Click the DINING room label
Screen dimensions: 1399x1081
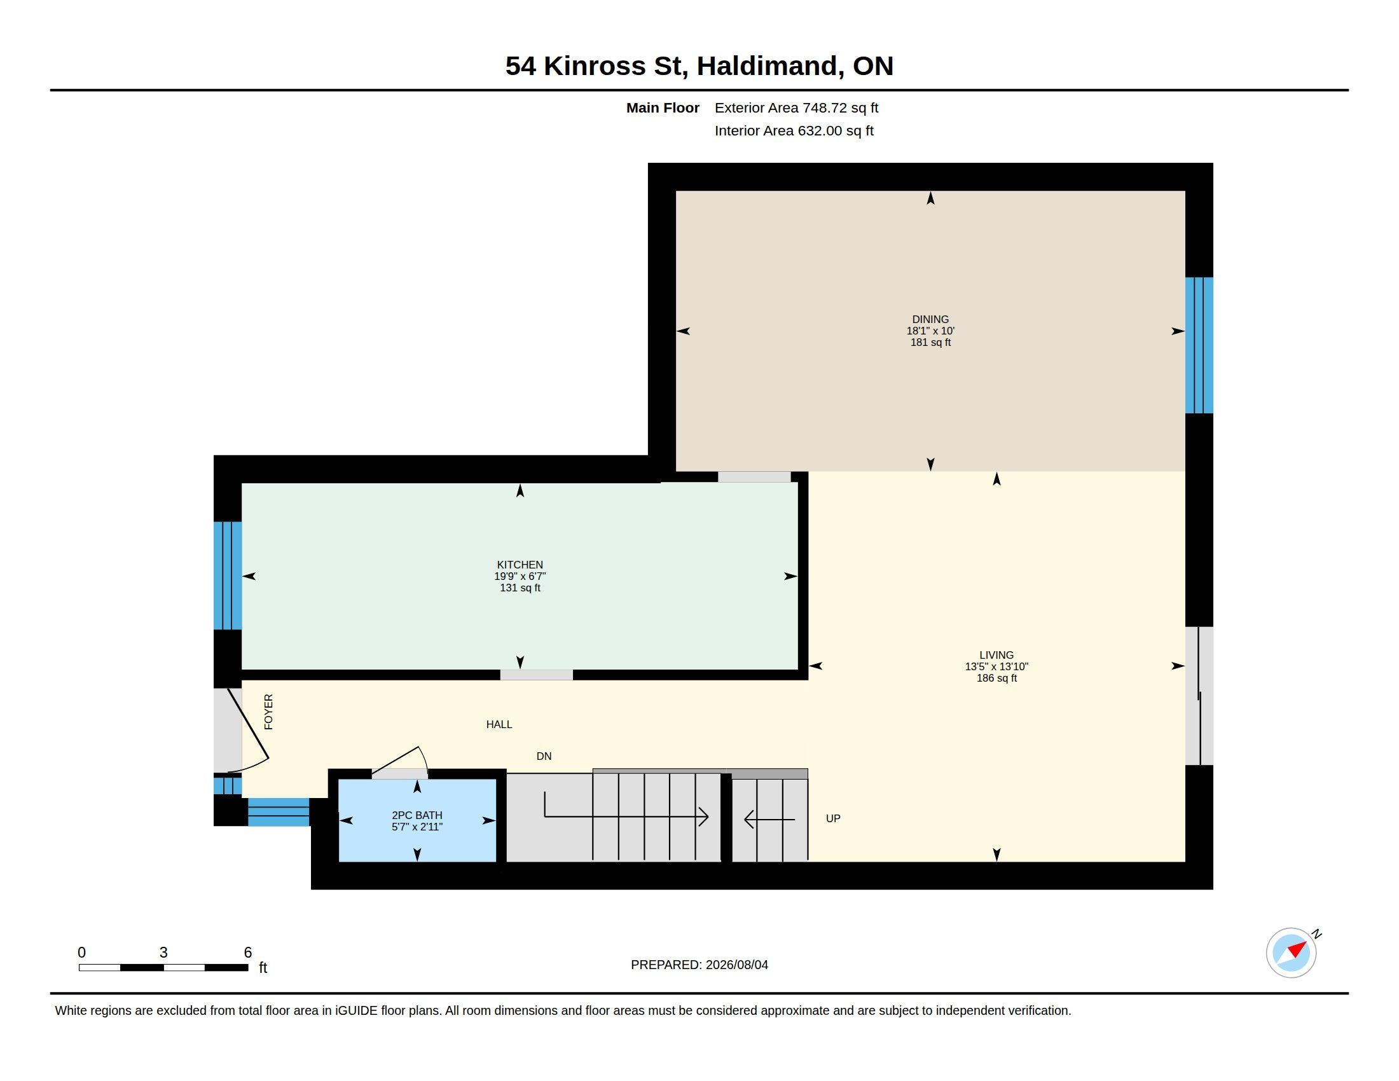point(930,319)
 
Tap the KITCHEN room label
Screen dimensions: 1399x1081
point(520,565)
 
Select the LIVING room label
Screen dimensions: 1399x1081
point(996,655)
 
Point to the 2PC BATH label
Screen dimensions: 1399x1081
point(417,815)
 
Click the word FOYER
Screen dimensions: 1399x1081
point(268,712)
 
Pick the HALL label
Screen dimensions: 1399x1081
point(499,724)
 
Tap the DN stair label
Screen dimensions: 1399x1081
point(544,756)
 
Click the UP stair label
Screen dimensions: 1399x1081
point(833,818)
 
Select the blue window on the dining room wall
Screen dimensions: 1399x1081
point(1199,345)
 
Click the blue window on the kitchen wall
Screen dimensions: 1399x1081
point(228,575)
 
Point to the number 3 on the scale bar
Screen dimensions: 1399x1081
point(163,953)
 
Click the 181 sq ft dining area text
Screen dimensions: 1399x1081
point(930,342)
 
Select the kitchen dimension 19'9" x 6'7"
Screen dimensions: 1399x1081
point(520,576)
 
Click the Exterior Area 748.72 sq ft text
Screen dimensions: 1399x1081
point(796,107)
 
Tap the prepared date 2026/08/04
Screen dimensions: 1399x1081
point(736,965)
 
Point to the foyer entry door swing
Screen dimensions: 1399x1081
point(248,730)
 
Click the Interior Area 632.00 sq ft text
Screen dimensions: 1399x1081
point(794,130)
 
